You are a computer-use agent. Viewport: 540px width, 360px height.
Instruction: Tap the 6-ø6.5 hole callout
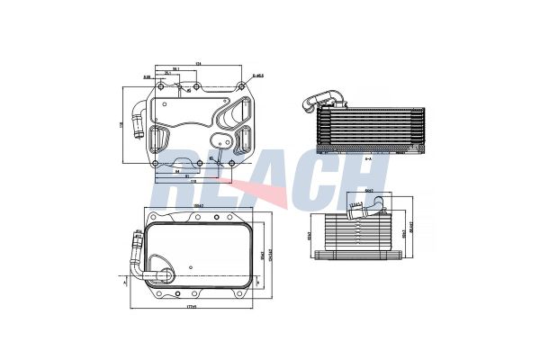(257, 76)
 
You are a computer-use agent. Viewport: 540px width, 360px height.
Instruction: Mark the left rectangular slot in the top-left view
(159, 140)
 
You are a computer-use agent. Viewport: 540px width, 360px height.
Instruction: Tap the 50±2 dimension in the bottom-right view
(369, 192)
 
